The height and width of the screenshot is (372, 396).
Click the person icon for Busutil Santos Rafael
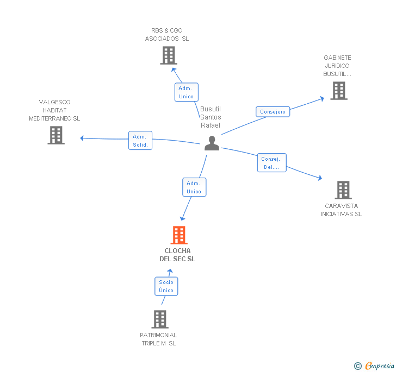pos(212,143)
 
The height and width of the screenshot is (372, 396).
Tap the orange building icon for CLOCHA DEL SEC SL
pos(179,235)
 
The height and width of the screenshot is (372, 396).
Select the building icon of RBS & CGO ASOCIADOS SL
pos(169,55)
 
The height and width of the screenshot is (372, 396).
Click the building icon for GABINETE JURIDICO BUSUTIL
pos(338,91)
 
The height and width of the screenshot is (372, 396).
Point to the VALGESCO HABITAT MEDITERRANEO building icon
pos(56,135)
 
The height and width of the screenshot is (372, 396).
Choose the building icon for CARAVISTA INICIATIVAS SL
pos(343,190)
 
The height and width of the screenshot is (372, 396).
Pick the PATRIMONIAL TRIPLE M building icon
pos(160,319)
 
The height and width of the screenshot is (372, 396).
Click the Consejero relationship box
pos(273,111)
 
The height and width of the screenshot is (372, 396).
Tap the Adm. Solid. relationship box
pos(140,140)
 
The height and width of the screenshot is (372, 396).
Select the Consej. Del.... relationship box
pos(271,163)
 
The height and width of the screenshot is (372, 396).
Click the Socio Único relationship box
pos(166,286)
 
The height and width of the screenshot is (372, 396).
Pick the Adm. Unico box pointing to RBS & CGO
pos(186,92)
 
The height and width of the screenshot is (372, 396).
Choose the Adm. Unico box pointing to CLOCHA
pos(194,187)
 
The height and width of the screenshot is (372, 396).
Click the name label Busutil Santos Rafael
pos(211,117)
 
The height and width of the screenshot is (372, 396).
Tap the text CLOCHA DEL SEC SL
pos(177,255)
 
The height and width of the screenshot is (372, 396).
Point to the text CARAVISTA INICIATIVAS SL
pos(341,210)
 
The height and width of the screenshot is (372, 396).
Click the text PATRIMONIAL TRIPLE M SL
pos(158,339)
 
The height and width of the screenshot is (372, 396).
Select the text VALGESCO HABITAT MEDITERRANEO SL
pos(54,110)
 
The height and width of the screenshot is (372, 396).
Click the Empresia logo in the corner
pos(375,365)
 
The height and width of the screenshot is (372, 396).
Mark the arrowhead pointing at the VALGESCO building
pos(82,138)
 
